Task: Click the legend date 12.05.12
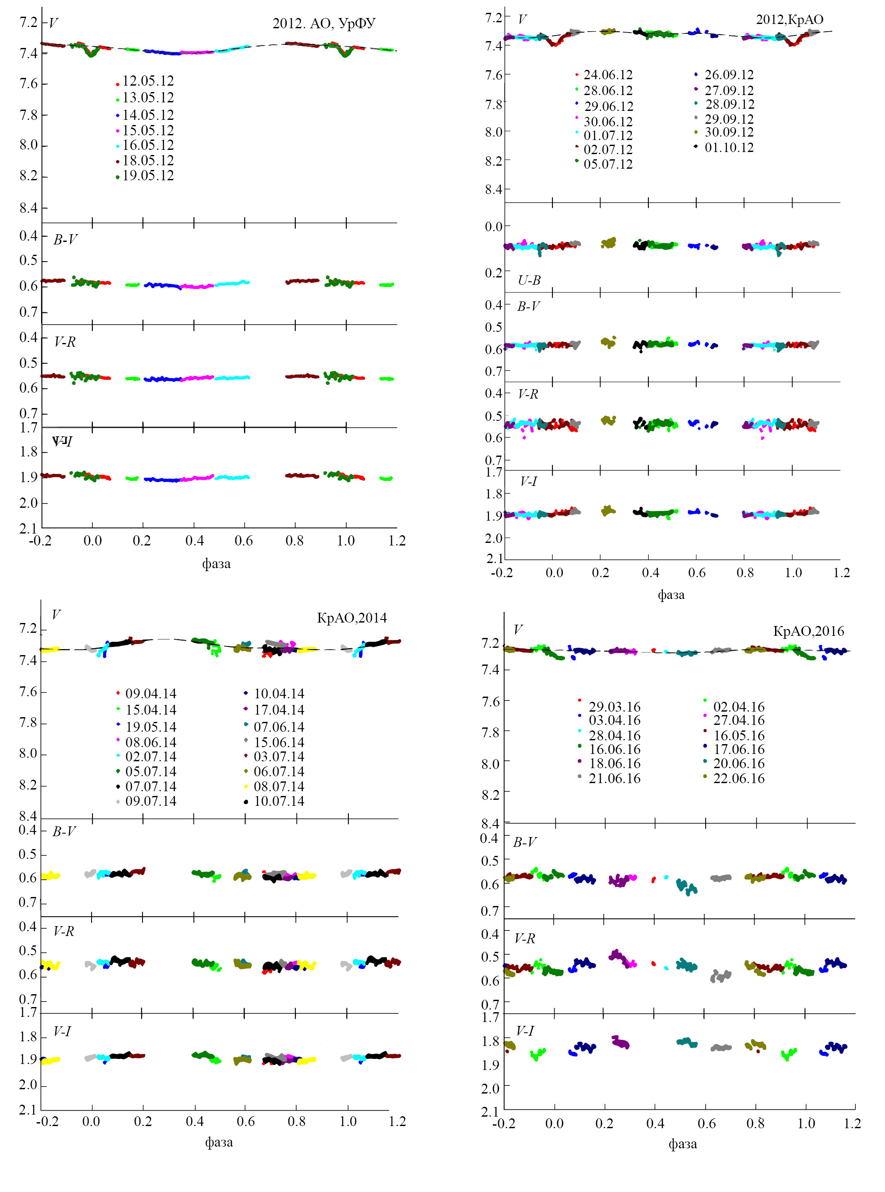click(148, 81)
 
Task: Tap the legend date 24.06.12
click(608, 74)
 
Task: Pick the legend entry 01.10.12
click(728, 147)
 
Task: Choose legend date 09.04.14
click(151, 694)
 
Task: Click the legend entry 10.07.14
click(279, 801)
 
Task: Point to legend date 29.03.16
click(615, 707)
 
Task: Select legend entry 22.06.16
click(739, 778)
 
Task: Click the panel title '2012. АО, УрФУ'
click(324, 24)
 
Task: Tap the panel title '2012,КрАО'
click(789, 20)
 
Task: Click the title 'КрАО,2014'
click(351, 618)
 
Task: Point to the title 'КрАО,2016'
click(808, 631)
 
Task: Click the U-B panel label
click(529, 280)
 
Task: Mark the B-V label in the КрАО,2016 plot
click(525, 842)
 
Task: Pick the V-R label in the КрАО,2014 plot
click(64, 931)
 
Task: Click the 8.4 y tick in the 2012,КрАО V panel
click(494, 189)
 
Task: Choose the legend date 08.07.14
click(279, 786)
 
